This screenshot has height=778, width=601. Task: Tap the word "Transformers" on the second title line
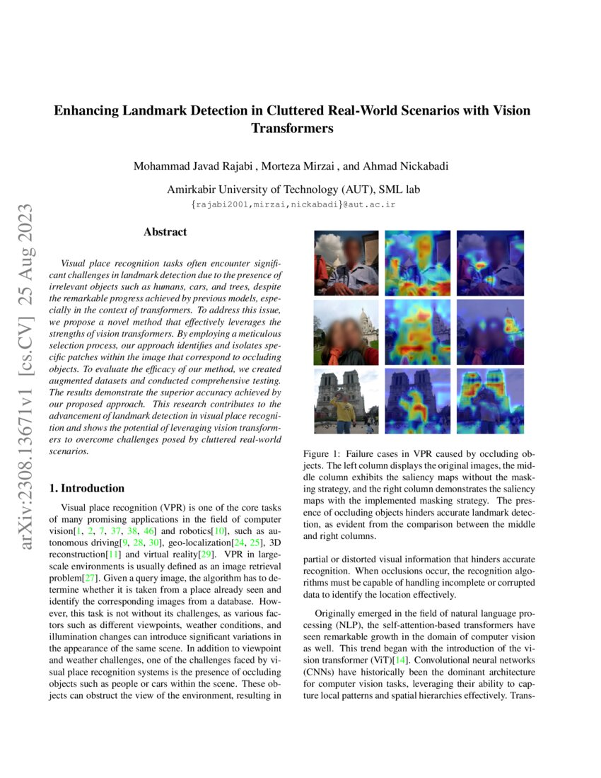pos(292,129)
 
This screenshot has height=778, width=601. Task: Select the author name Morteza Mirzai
pos(296,167)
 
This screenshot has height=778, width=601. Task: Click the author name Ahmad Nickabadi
pos(407,167)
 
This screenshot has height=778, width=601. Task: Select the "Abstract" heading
pos(165,232)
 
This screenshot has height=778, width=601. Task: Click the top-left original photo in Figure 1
pos(347,263)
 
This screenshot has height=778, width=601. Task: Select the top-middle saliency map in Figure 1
pos(417,263)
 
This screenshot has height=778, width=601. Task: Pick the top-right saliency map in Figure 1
pos(489,263)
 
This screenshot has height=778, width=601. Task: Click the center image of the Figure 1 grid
pos(417,332)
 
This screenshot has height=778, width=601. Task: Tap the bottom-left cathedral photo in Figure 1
pos(347,400)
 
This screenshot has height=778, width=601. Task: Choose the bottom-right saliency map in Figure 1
pos(489,400)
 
